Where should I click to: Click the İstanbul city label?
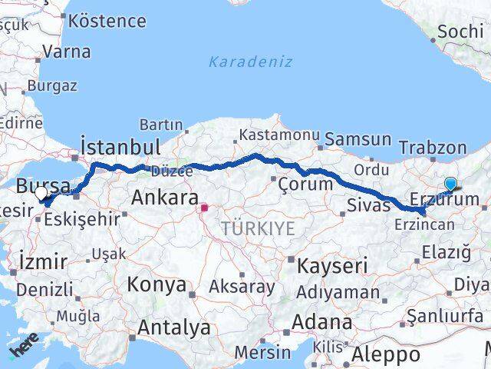tap(120, 147)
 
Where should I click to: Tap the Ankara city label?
tap(165, 198)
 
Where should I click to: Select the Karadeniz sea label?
tap(250, 61)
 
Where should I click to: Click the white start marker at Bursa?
tap(41, 194)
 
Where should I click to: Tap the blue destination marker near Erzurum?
tap(450, 184)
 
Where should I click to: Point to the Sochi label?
tap(459, 32)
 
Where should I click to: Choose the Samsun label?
tap(358, 139)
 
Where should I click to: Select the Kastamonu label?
tap(278, 135)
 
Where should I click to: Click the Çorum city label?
tap(305, 184)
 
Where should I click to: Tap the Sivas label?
tap(364, 205)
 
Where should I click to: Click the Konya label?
tap(157, 284)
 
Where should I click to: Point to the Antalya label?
tap(174, 328)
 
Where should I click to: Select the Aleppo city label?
tap(386, 355)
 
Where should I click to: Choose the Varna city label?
tap(67, 52)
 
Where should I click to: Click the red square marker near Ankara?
tap(205, 207)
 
